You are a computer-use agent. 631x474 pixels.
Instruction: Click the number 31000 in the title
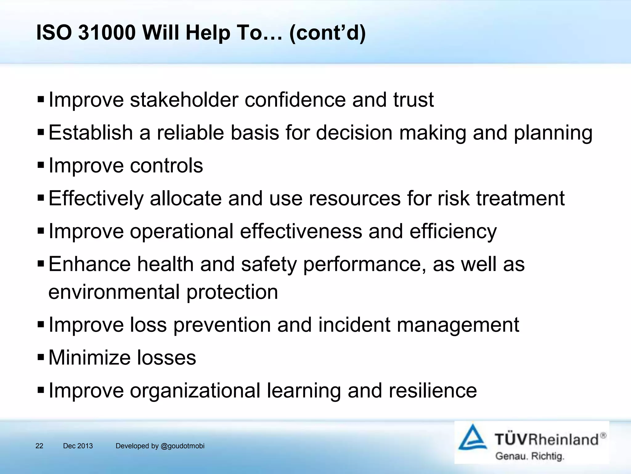click(x=107, y=32)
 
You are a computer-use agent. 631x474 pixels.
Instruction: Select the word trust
click(x=413, y=100)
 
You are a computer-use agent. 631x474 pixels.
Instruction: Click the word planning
click(x=553, y=133)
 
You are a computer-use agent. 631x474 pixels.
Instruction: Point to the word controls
click(x=166, y=166)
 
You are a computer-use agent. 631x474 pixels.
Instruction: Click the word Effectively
click(x=96, y=198)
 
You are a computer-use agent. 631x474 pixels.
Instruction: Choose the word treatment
click(x=520, y=198)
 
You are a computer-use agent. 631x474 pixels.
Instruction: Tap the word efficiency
click(x=453, y=231)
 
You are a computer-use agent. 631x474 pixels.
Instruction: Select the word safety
click(x=269, y=264)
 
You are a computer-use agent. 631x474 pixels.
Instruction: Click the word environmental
click(x=114, y=292)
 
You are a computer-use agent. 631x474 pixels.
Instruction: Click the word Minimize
click(x=89, y=358)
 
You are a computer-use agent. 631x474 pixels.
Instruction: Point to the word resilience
click(x=433, y=391)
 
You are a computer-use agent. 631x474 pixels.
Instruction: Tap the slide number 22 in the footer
click(x=39, y=446)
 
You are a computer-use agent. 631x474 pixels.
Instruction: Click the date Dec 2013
click(x=78, y=446)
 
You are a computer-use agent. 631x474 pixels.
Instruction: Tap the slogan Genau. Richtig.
click(x=530, y=456)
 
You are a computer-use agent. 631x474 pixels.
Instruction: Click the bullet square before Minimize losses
click(x=41, y=358)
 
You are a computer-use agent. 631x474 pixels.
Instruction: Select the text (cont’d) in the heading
click(x=327, y=32)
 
